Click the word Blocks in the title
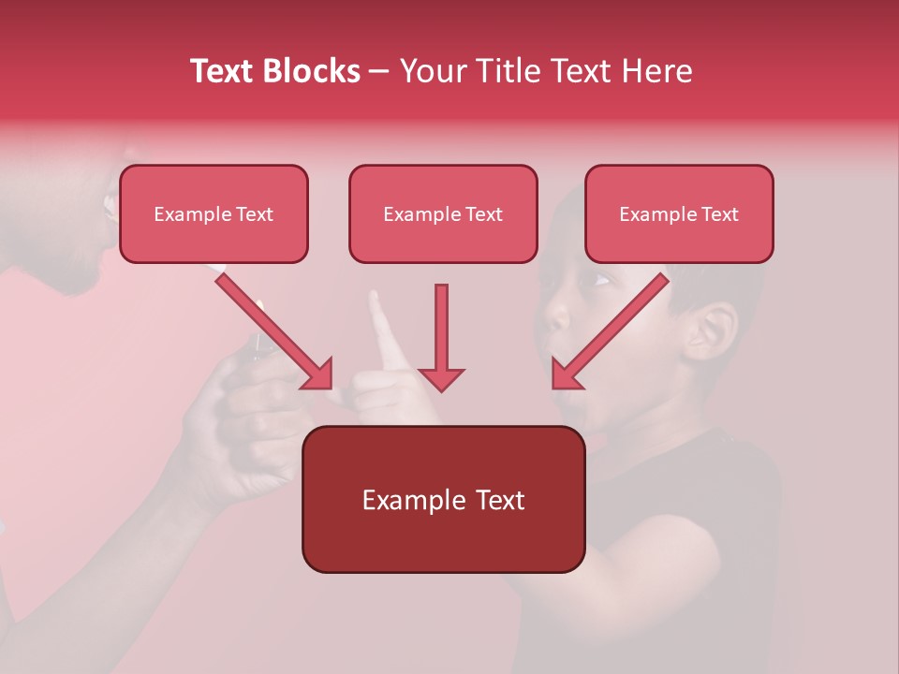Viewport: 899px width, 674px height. [x=312, y=71]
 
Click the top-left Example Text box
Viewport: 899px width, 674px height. [x=214, y=213]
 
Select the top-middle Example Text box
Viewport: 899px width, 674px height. [x=443, y=213]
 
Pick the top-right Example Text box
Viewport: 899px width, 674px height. [x=679, y=213]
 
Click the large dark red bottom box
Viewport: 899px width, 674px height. [x=443, y=499]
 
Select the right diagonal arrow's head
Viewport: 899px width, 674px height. [x=566, y=374]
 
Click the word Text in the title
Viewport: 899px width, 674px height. [x=224, y=71]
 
